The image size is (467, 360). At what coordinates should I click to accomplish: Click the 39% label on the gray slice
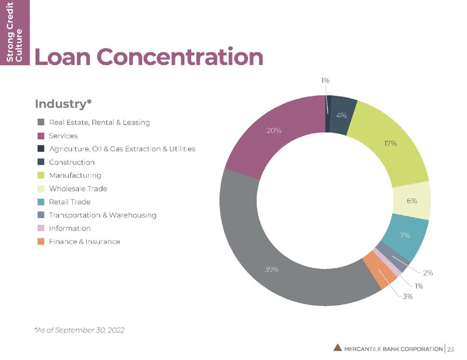point(271,270)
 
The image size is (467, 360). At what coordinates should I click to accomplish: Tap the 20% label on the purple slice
point(273,131)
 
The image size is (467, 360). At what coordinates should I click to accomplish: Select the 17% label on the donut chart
point(390,143)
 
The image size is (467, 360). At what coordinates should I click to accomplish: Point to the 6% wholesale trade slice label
point(412,201)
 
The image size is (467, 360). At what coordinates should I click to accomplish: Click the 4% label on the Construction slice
point(341,116)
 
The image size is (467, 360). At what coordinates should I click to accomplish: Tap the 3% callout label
point(408,296)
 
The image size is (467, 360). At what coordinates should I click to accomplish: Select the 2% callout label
point(428,273)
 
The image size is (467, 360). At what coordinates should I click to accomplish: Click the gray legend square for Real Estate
point(41,122)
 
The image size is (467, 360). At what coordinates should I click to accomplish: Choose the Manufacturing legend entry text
point(75,176)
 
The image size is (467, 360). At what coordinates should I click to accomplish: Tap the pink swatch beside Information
point(41,228)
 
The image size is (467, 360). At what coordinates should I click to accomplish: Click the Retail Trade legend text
point(70,202)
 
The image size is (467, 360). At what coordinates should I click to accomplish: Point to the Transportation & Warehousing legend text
point(102,215)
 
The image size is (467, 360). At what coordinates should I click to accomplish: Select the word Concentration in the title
point(180,56)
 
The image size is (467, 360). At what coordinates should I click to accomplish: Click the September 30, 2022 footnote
point(79,330)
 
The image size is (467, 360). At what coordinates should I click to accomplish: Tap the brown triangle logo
point(337,348)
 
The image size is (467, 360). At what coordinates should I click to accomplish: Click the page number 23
point(450,349)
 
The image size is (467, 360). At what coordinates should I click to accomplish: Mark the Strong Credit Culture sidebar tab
point(15,32)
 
